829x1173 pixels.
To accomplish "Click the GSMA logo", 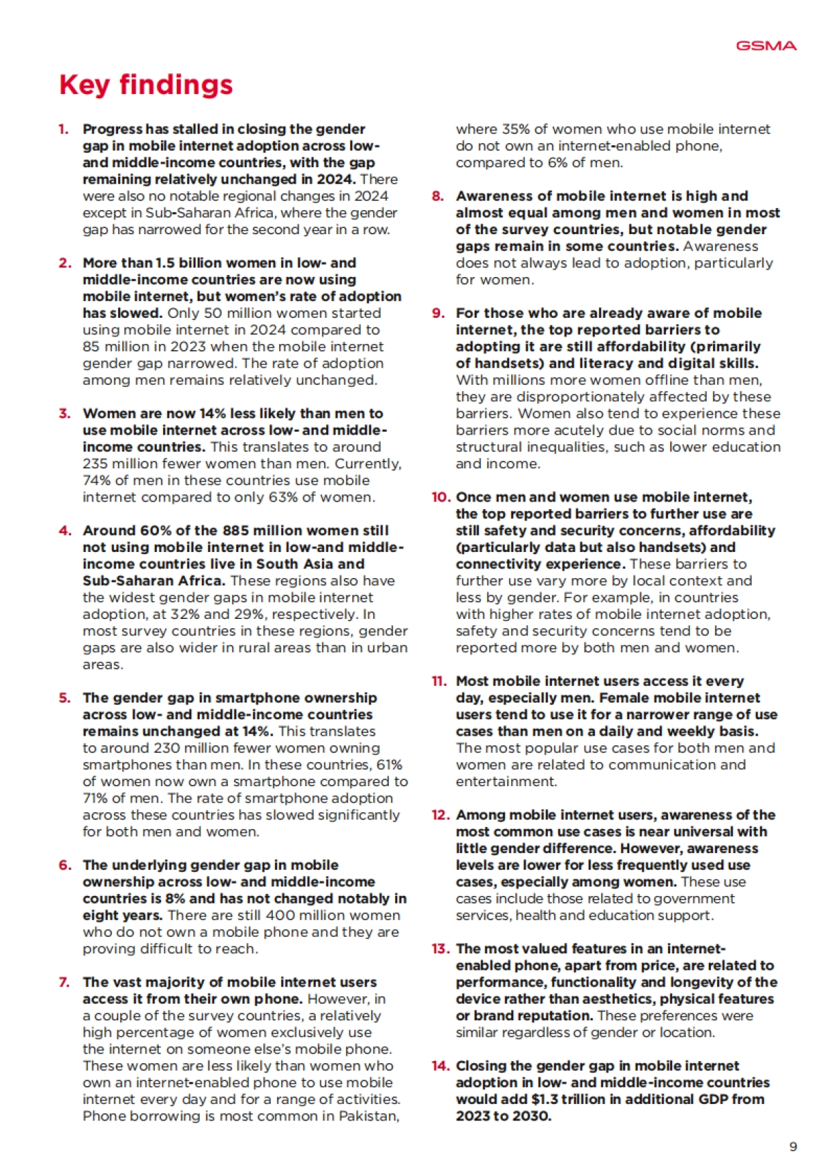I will point(766,46).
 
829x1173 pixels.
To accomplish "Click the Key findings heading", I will point(146,84).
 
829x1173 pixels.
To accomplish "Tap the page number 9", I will point(793,1146).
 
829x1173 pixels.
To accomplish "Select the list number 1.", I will point(64,129).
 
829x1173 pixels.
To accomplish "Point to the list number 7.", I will point(64,982).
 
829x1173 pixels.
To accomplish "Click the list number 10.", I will point(441,497).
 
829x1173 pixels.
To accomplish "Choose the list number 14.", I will point(441,1066).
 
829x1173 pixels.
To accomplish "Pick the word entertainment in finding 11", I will point(506,782).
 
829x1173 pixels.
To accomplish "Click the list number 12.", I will point(441,815).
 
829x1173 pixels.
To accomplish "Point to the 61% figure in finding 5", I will point(390,765).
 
